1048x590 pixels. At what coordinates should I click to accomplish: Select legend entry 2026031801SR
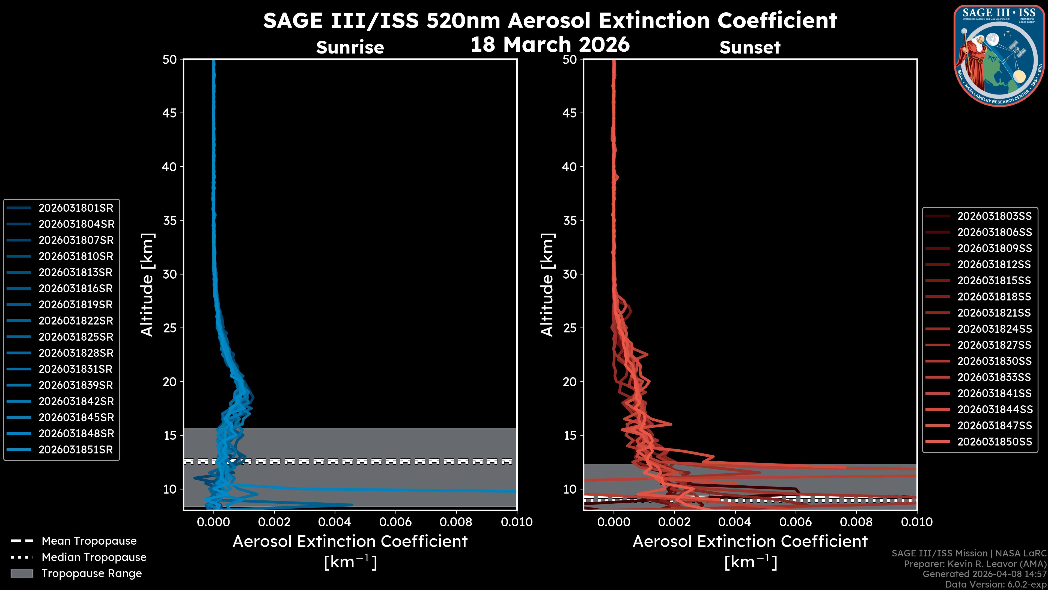[76, 208]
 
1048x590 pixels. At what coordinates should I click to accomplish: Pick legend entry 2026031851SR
[76, 450]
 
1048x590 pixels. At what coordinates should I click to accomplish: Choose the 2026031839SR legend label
[76, 385]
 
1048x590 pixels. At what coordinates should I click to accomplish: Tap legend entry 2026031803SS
[994, 216]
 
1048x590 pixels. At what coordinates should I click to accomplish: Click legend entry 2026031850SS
[994, 442]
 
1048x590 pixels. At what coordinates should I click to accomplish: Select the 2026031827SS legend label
[994, 345]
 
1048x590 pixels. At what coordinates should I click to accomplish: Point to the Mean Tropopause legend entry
[89, 541]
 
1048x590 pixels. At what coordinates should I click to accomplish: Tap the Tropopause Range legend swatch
[22, 573]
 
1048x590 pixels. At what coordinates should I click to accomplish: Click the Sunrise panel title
[350, 47]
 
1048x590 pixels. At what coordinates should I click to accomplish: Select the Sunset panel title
[750, 47]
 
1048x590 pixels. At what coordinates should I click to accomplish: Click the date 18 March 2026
[550, 44]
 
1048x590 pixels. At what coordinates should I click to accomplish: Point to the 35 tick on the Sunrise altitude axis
[170, 221]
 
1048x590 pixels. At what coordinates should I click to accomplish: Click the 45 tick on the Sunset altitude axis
[570, 113]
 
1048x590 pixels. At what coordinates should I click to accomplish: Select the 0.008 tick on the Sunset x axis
[856, 522]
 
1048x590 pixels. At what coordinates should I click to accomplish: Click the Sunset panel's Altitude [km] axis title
[547, 285]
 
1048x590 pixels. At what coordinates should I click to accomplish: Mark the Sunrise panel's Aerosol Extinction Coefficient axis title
[350, 542]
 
